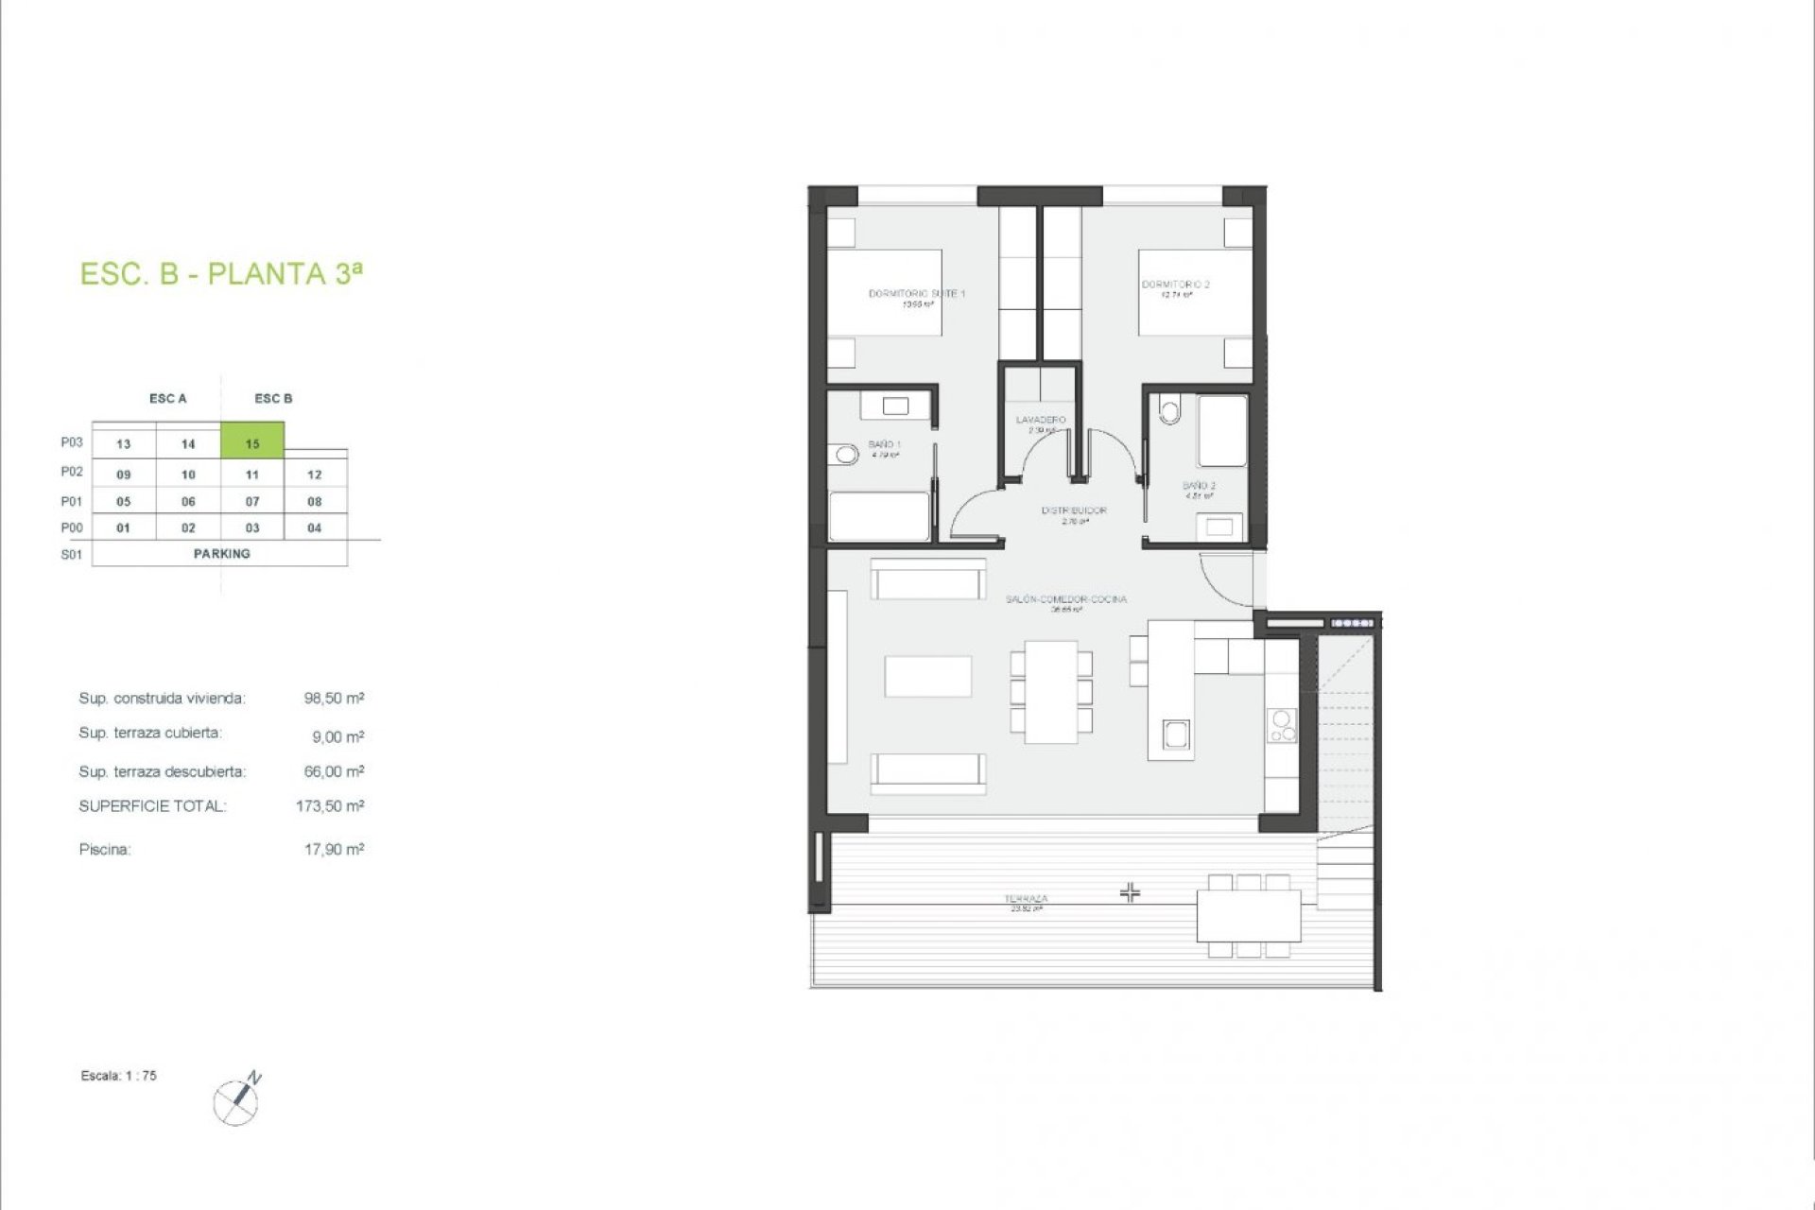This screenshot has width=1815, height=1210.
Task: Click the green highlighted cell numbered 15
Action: pyautogui.click(x=252, y=441)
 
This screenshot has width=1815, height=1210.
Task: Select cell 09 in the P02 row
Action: pyautogui.click(x=124, y=475)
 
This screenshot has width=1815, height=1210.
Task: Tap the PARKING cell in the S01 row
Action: pyautogui.click(x=221, y=554)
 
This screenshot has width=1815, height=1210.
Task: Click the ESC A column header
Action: pyautogui.click(x=168, y=399)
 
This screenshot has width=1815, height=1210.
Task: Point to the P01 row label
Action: pyautogui.click(x=72, y=501)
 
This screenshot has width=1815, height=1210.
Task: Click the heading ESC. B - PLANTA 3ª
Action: pyautogui.click(x=221, y=274)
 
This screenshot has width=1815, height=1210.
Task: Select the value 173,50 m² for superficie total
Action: pyautogui.click(x=330, y=806)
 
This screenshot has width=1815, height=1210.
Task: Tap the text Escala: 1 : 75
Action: pyautogui.click(x=119, y=1076)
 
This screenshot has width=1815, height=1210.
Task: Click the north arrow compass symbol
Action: pyautogui.click(x=238, y=1099)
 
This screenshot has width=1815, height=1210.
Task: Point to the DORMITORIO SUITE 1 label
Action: pyautogui.click(x=916, y=294)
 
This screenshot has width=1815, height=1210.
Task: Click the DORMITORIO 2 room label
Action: pyautogui.click(x=1175, y=285)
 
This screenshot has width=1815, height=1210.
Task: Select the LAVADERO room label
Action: pyautogui.click(x=1041, y=420)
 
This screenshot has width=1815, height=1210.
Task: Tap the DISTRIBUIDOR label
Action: pyautogui.click(x=1074, y=510)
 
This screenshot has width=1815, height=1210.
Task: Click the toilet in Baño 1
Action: pyautogui.click(x=846, y=456)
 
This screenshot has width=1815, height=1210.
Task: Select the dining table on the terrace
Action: pyautogui.click(x=1249, y=915)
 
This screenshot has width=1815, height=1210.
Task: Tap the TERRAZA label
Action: pyautogui.click(x=1026, y=899)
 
